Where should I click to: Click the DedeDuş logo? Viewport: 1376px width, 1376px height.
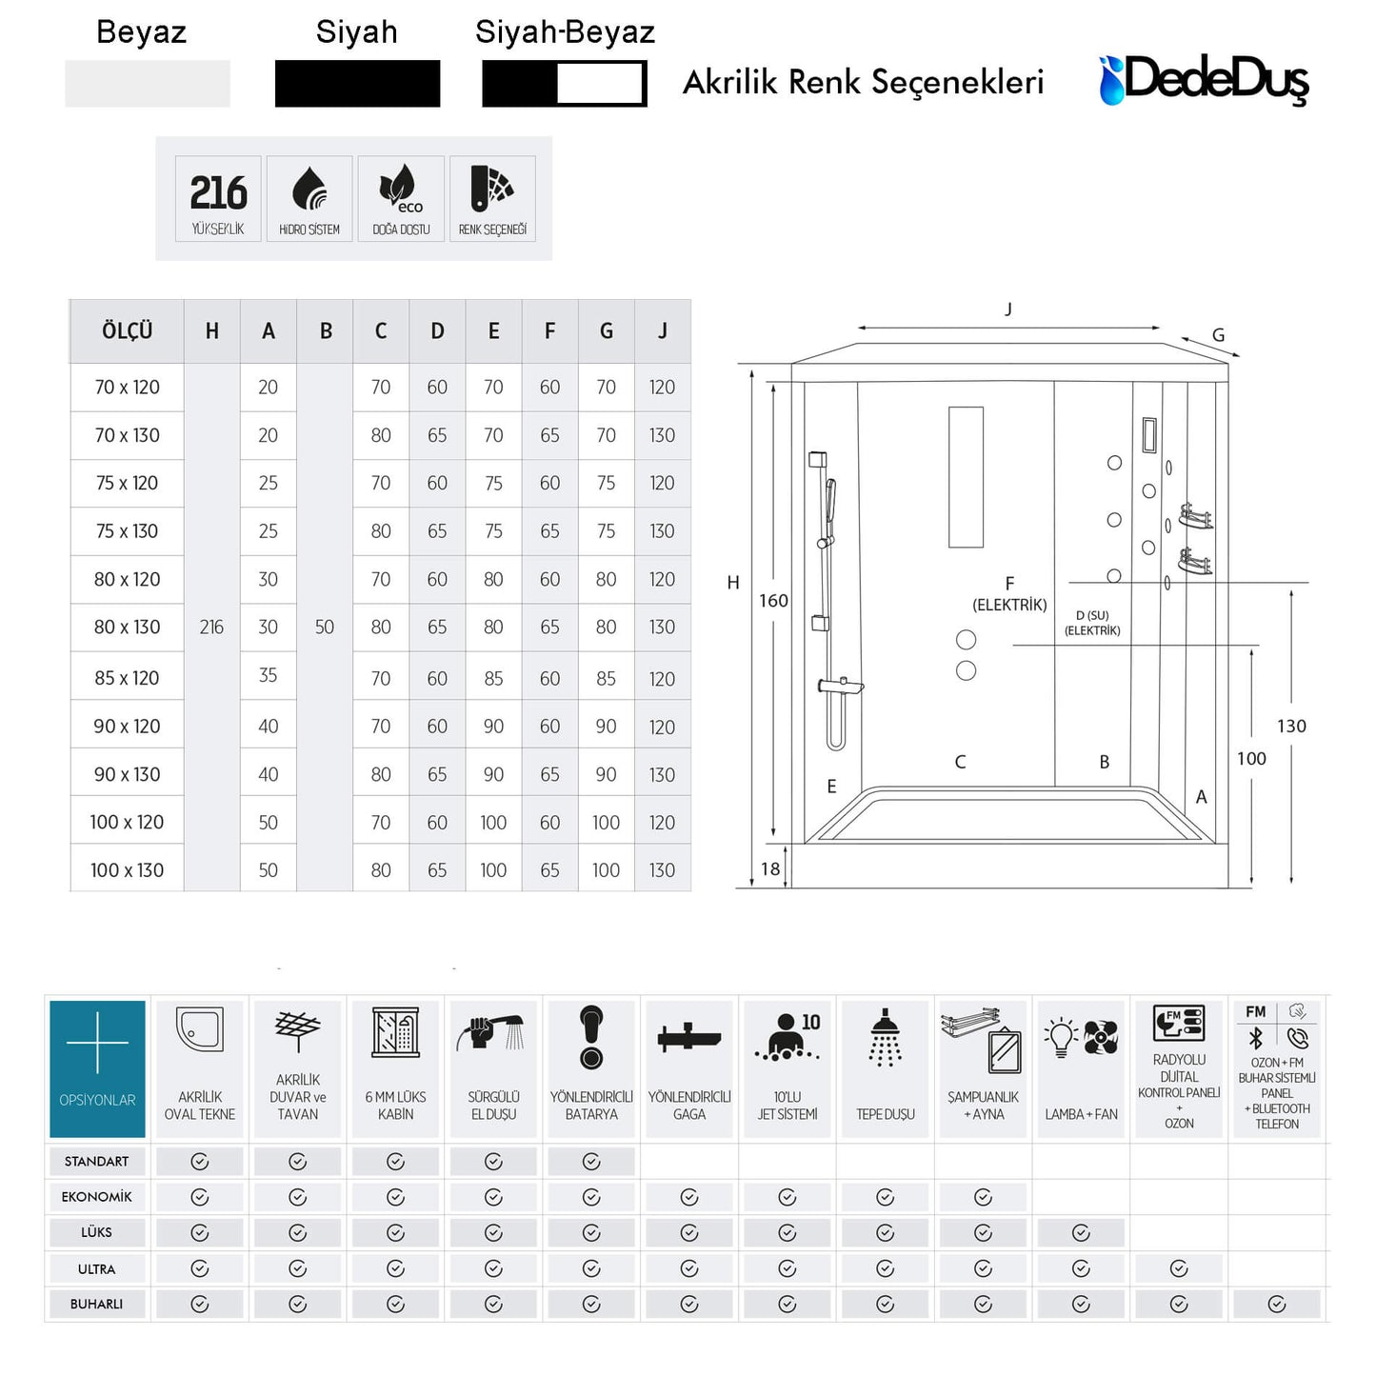click(x=1203, y=80)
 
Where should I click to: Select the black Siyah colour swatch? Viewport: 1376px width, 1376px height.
click(x=357, y=84)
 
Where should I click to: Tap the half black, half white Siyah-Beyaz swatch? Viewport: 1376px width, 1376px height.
click(x=564, y=84)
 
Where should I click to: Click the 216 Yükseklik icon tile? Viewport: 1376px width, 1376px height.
click(x=218, y=198)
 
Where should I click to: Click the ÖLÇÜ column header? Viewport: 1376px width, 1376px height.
click(x=127, y=331)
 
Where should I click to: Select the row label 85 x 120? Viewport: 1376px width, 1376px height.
click(x=127, y=678)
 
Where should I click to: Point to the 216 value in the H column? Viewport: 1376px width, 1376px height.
click(x=211, y=627)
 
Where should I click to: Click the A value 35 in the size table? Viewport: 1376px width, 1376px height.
click(x=268, y=675)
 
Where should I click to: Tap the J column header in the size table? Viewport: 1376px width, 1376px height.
click(x=663, y=331)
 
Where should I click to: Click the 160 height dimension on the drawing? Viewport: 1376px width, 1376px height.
click(x=773, y=601)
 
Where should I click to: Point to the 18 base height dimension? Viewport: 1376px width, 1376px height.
click(x=769, y=869)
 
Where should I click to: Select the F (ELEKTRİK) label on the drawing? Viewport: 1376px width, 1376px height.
click(x=1009, y=594)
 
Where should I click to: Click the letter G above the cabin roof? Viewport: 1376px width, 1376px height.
click(x=1218, y=335)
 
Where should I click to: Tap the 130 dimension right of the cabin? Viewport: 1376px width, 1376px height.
click(x=1291, y=727)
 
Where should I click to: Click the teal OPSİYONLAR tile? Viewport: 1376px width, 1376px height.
click(x=97, y=1068)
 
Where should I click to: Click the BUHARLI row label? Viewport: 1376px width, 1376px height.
click(x=96, y=1304)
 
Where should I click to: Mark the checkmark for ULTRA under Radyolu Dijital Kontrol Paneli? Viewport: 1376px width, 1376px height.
click(x=1179, y=1268)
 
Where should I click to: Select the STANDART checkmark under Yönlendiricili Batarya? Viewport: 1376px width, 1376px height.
click(x=591, y=1161)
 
